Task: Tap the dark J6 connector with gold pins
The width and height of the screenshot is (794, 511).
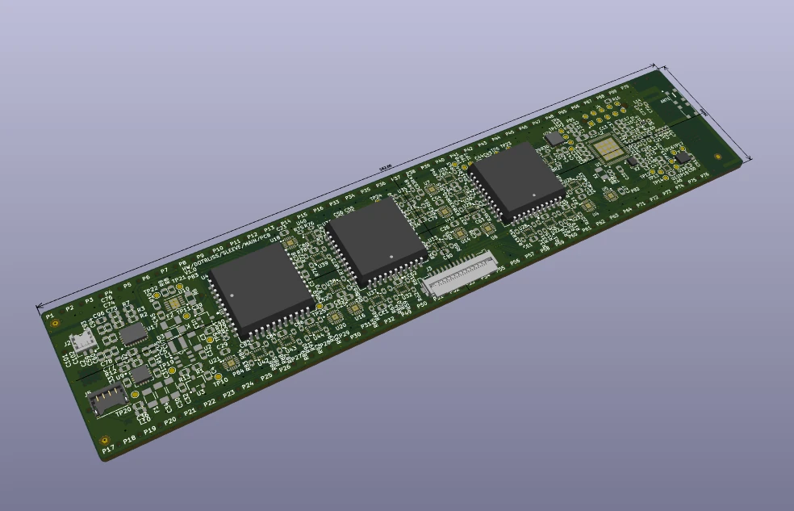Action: click(107, 399)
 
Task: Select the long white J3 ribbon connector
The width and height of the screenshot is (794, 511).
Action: click(457, 272)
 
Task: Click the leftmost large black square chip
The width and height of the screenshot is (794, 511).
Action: click(260, 289)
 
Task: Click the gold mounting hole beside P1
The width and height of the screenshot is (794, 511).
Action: click(55, 323)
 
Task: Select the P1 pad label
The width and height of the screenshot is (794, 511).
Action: click(50, 315)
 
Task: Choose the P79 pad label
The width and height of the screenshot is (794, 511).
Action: click(624, 86)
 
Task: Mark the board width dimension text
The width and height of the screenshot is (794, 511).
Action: click(704, 111)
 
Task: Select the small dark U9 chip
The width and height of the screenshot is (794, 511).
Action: click(141, 374)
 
